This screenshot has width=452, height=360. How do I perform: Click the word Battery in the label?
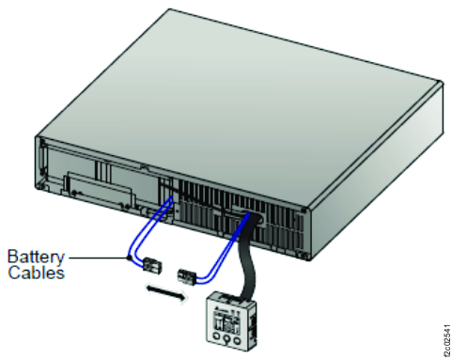(36, 256)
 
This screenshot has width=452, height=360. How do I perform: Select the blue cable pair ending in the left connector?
(150, 235)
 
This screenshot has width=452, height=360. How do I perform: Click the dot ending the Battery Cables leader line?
(127, 257)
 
